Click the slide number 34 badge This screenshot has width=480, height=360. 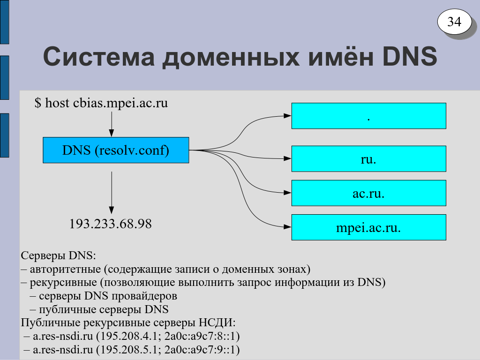point(454,22)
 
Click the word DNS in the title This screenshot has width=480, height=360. point(410,57)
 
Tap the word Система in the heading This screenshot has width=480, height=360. point(99,57)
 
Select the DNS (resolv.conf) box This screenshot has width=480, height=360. point(116,150)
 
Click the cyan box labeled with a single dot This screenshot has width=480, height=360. point(368,116)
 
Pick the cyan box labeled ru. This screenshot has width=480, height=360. point(368,158)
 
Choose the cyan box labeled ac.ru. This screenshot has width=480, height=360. point(368,193)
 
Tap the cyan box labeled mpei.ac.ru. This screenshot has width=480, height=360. point(368,227)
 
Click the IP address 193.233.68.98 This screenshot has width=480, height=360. point(111,224)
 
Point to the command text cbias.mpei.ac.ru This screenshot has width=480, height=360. point(120,103)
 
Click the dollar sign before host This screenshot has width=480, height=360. point(37,103)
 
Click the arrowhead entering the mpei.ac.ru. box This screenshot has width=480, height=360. point(287,227)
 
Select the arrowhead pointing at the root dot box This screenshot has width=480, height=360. point(287,116)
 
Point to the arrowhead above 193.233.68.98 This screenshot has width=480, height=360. point(112,210)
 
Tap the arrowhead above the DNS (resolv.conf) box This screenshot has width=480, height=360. point(112,133)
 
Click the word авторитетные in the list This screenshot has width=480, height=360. point(65,270)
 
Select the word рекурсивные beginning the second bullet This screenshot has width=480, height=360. point(63,283)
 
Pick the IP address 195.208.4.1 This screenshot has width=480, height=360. point(128,336)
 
